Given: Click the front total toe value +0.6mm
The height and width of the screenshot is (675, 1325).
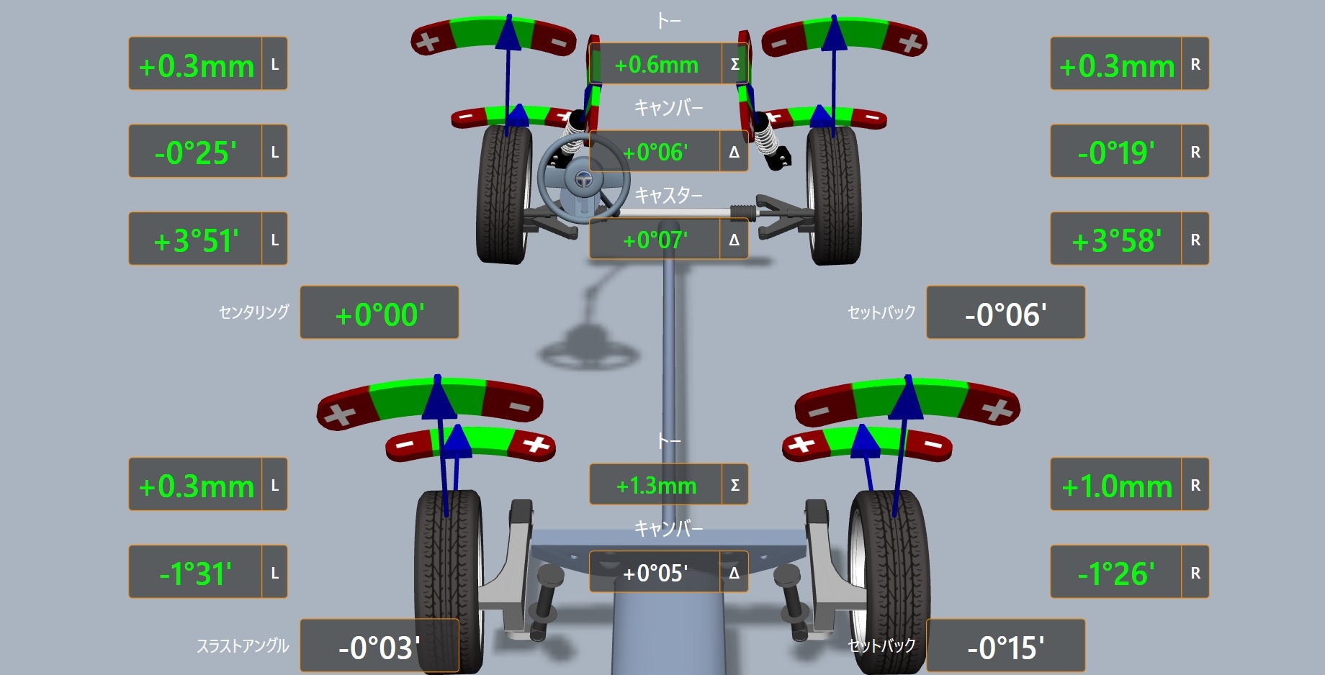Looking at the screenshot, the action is coord(656,65).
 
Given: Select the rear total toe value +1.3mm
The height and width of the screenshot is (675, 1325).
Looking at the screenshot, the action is coord(656,486).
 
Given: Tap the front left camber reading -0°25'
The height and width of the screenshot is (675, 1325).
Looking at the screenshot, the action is coord(195,153).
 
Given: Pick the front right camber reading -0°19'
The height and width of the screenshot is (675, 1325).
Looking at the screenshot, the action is coord(1116,153).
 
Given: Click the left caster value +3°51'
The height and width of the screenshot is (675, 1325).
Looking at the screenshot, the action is coord(196,240).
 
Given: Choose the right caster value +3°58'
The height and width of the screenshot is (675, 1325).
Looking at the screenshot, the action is coord(1116,240).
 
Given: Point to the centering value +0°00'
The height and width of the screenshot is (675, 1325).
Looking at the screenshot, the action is coord(379,314).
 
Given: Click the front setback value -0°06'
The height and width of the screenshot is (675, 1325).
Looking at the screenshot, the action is coord(1005,314).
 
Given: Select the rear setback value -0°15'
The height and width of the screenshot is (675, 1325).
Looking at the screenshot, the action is coord(1005,648).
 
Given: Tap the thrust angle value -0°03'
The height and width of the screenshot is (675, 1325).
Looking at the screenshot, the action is coord(379,648).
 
